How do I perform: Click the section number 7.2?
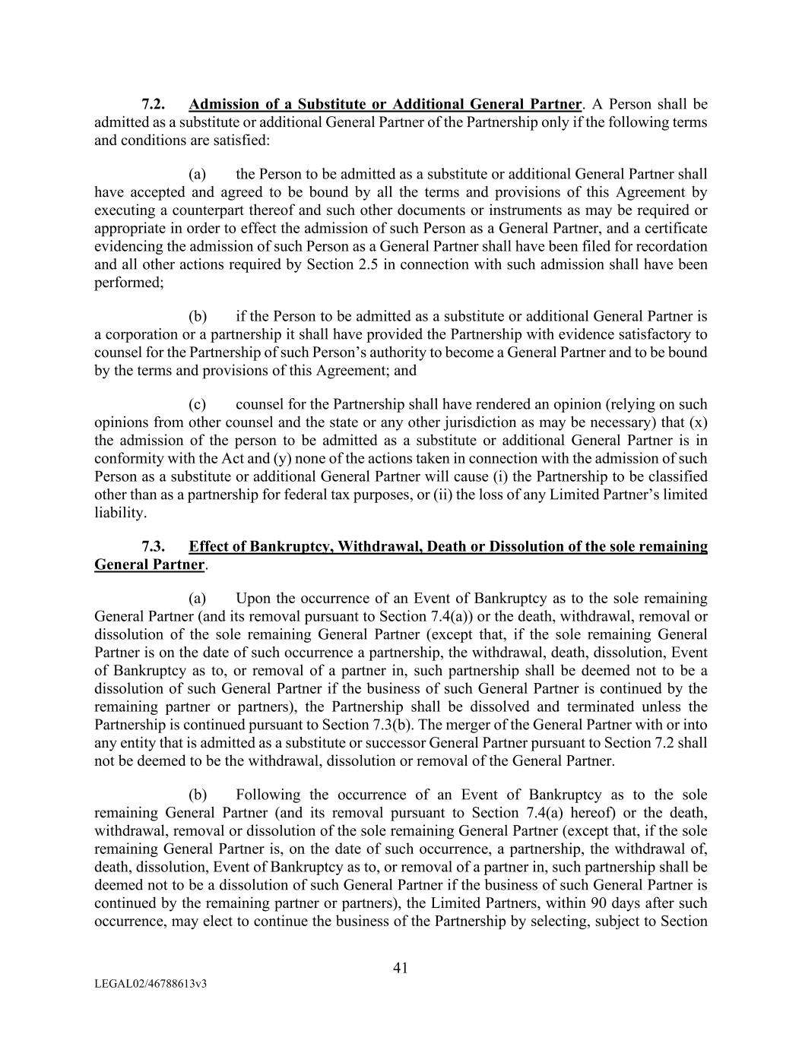tap(154, 104)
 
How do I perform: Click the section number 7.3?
tap(154, 547)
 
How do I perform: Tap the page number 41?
tap(401, 968)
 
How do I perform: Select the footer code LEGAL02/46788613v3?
tap(151, 984)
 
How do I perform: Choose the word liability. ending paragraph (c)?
tap(120, 513)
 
